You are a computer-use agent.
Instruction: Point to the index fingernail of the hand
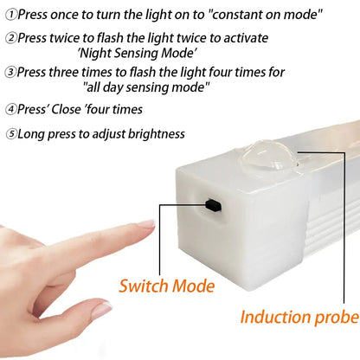point(145,224)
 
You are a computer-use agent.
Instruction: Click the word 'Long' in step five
point(33,133)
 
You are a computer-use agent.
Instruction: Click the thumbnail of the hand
point(103,309)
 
